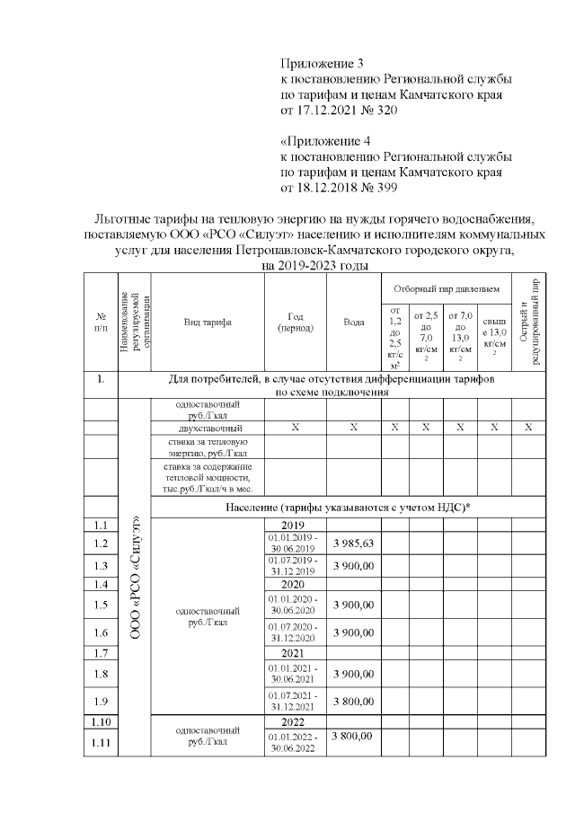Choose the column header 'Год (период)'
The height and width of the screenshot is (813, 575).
tap(295, 323)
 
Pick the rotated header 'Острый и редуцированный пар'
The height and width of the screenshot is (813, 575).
tap(529, 322)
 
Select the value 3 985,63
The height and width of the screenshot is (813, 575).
tap(353, 543)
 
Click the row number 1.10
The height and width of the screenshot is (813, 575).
tap(102, 721)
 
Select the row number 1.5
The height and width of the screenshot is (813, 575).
tap(102, 605)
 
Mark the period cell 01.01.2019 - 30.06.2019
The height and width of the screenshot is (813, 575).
tap(295, 543)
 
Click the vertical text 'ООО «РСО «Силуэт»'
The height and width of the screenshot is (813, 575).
tap(135, 575)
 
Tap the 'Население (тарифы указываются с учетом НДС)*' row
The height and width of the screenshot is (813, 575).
tap(353, 508)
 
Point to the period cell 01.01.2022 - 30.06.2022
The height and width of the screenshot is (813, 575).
tap(295, 742)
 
